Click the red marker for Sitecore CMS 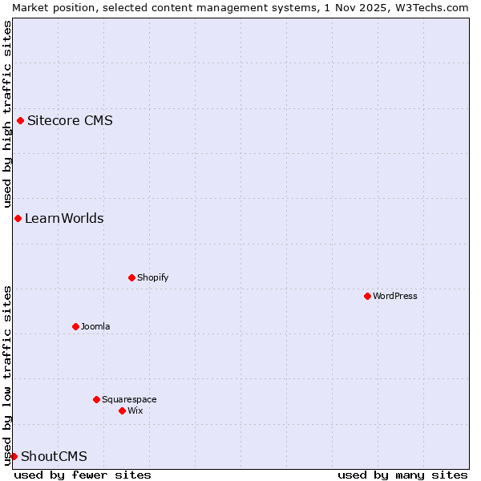point(20,121)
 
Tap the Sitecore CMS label point(70,121)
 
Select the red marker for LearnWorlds point(18,219)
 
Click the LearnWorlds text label point(64,219)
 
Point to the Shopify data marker point(131,278)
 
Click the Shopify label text point(152,278)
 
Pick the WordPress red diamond point(367,297)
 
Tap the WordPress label point(395,297)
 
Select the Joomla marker point(75,327)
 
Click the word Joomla point(95,327)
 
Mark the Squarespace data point point(96,399)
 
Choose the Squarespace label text point(129,399)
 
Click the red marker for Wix point(122,410)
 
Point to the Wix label point(135,410)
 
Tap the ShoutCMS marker point(14,456)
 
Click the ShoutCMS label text point(54,457)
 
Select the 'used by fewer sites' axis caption point(83,475)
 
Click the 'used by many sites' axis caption point(402,475)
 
